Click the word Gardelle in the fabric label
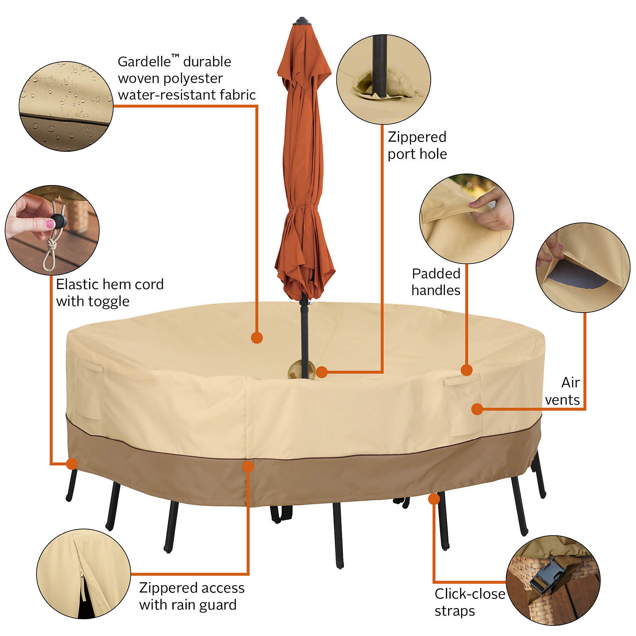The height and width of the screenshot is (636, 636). [144, 62]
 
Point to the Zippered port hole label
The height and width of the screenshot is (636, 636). [417, 146]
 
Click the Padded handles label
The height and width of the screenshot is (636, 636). [436, 282]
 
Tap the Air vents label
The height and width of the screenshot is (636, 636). [562, 391]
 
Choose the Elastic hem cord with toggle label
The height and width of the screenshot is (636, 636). [110, 293]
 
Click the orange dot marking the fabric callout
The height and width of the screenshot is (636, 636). [257, 338]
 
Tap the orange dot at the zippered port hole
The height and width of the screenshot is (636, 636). [321, 372]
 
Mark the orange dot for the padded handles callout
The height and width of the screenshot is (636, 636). [467, 370]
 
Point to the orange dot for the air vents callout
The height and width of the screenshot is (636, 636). [477, 409]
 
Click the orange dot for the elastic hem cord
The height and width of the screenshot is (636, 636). [72, 464]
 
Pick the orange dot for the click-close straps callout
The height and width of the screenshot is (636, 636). [434, 499]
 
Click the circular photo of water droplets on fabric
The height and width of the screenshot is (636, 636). [66, 106]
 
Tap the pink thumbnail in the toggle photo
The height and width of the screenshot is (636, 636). [50, 224]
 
